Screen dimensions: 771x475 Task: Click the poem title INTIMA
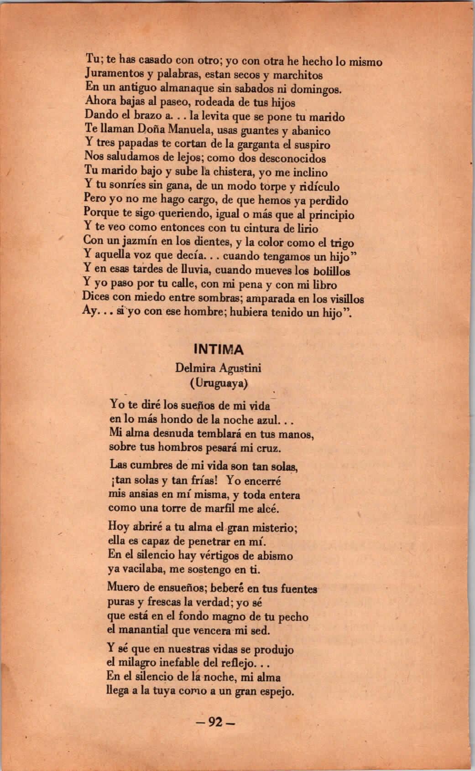[x=219, y=350]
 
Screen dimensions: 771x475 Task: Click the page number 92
[x=214, y=722]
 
